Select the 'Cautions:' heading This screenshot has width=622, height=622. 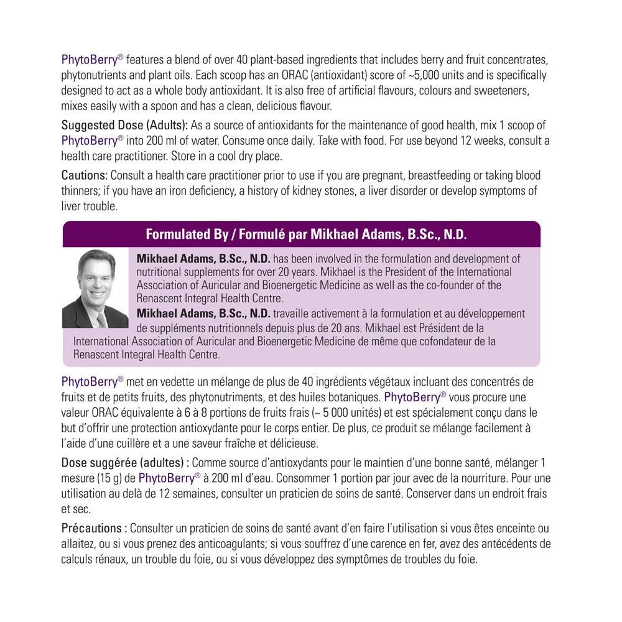(84, 175)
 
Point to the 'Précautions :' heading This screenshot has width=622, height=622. (94, 528)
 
